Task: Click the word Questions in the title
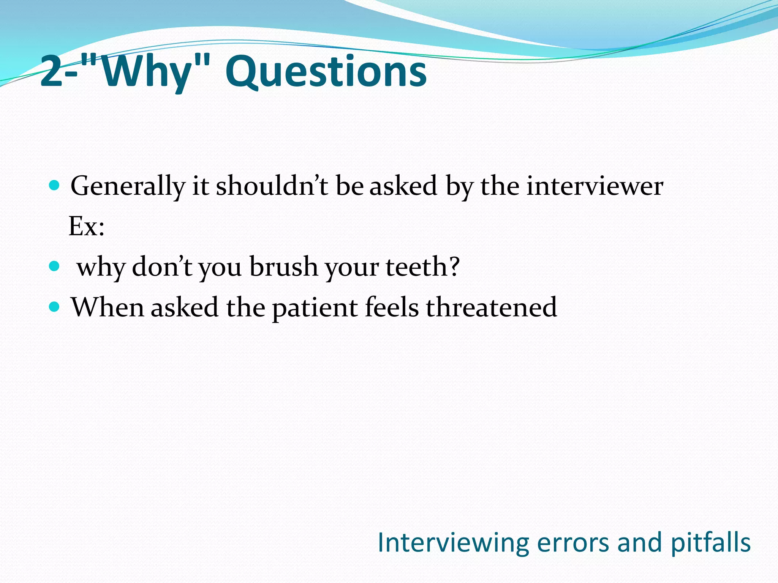click(326, 71)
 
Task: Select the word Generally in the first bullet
click(128, 186)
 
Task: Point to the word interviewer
click(595, 186)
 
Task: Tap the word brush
click(283, 266)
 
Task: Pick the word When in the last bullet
click(107, 307)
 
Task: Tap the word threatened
click(491, 307)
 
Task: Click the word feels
click(392, 307)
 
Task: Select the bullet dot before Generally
click(55, 186)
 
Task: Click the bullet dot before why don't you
click(55, 266)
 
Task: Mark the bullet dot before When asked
click(55, 306)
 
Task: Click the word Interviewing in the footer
click(453, 543)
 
